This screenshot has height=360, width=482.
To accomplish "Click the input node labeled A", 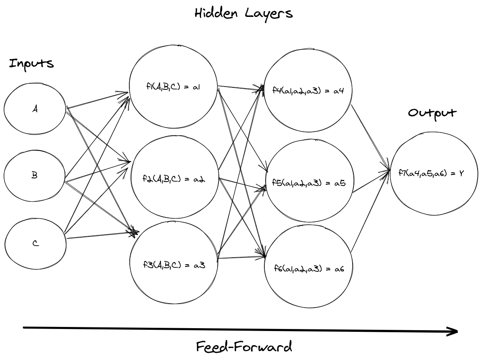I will click(x=35, y=109).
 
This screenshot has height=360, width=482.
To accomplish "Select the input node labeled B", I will click(x=35, y=176).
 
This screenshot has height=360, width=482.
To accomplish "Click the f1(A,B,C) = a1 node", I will click(x=173, y=87).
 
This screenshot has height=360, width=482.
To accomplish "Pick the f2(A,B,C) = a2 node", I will click(x=174, y=178).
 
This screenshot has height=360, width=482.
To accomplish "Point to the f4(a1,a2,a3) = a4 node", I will click(x=307, y=91).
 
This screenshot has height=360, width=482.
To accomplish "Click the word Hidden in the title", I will click(x=215, y=13).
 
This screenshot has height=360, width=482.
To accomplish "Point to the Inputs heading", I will click(x=31, y=64).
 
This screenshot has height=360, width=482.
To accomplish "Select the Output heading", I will click(x=432, y=113).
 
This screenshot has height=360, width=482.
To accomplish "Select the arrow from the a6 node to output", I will click(x=370, y=211).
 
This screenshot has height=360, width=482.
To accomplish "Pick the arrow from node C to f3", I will click(x=101, y=235).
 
